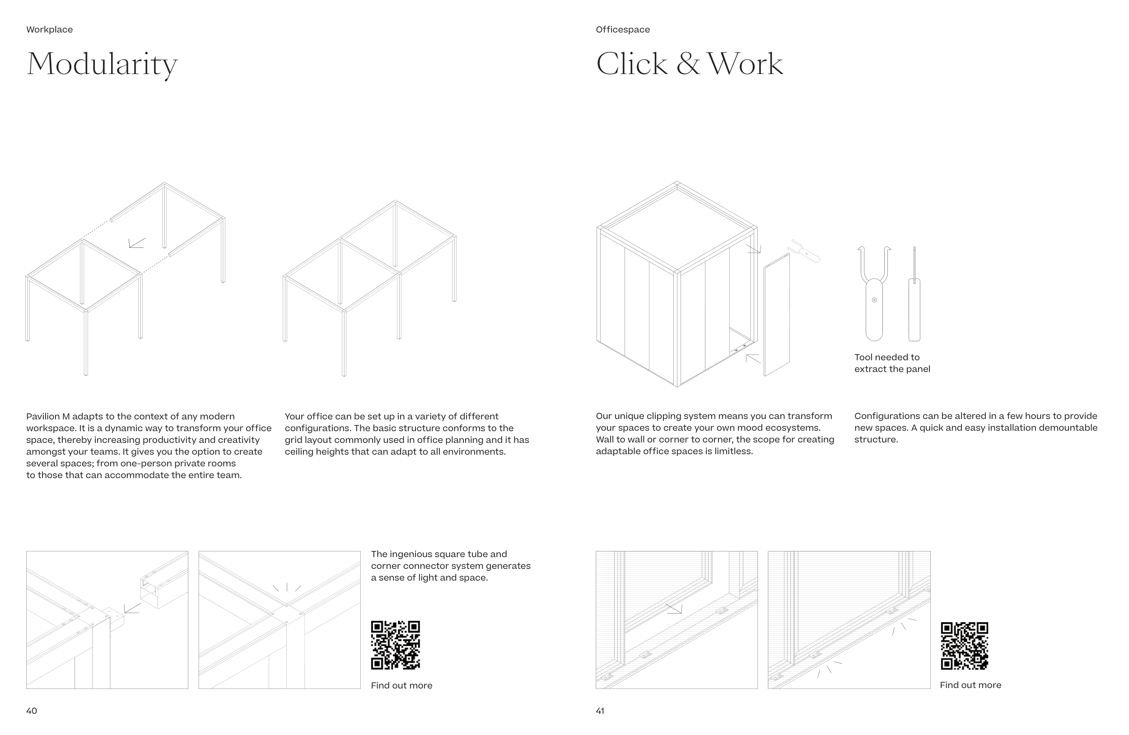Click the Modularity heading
[102, 65]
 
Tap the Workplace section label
[49, 29]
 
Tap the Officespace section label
[623, 29]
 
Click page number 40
[31, 710]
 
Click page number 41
[600, 710]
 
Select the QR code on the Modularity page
[395, 645]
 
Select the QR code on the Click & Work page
[965, 646]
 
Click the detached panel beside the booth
[777, 315]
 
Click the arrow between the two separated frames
[137, 243]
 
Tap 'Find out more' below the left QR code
[401, 685]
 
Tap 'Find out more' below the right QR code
[970, 685]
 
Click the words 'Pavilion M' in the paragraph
[48, 416]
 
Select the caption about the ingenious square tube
[451, 566]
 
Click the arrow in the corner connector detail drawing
[132, 608]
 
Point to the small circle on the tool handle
[874, 300]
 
